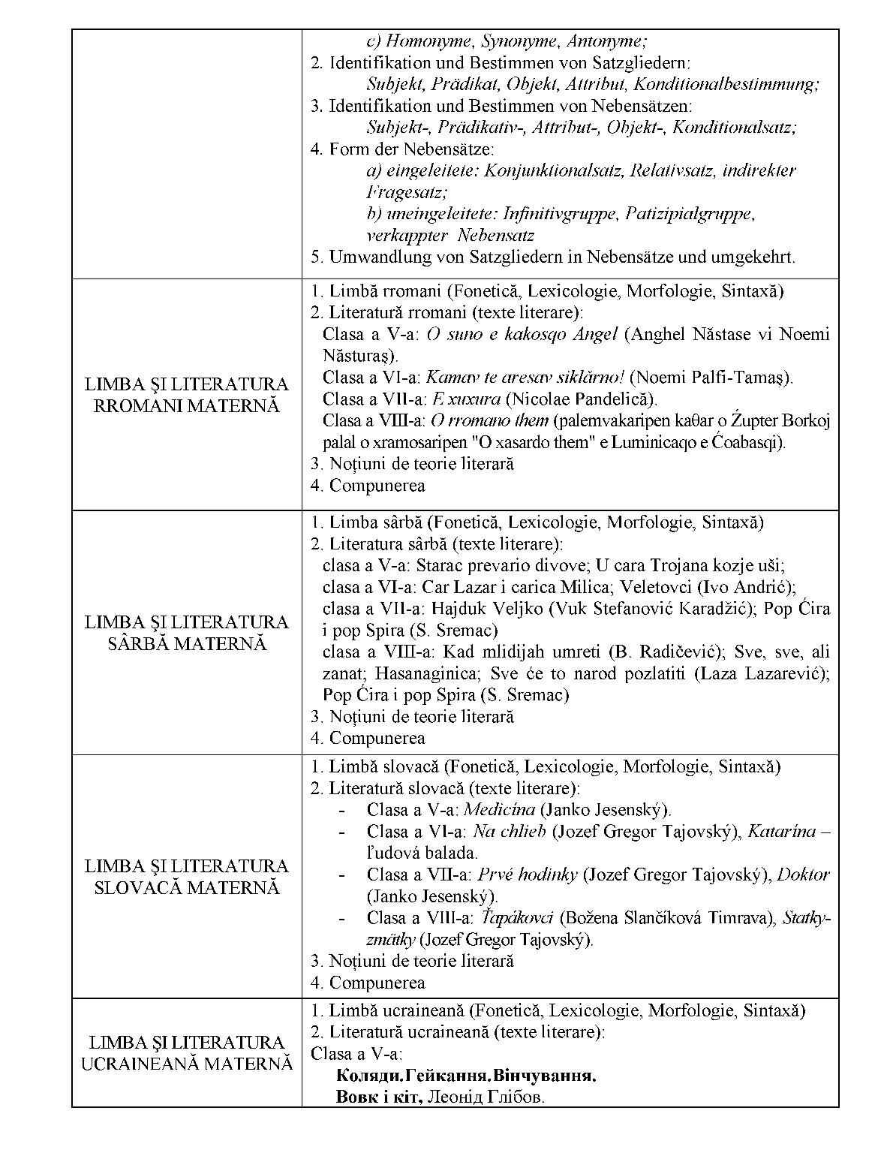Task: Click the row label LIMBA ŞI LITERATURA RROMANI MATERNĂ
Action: click(186, 396)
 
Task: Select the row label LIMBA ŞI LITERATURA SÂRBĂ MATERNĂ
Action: click(186, 633)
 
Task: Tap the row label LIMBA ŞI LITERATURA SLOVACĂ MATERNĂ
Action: click(186, 877)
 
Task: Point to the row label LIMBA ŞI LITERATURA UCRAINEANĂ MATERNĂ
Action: click(186, 1053)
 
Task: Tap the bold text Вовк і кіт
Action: click(379, 1097)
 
